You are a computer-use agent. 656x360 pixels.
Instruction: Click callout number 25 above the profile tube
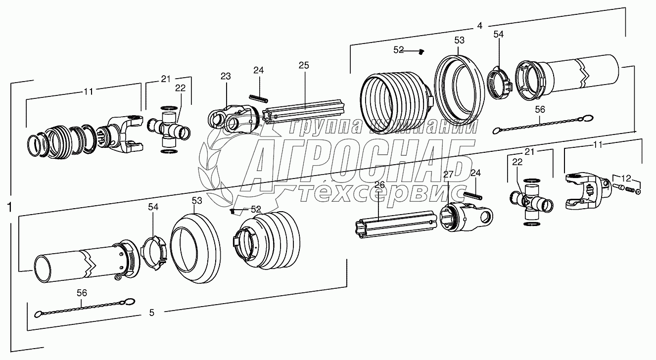point(304,65)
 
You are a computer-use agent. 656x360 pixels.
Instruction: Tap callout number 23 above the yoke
point(226,76)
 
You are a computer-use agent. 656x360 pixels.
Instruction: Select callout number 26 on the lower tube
point(379,185)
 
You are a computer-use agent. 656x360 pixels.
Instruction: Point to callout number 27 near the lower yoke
point(448,175)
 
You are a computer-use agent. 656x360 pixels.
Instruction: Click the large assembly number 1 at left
point(10,207)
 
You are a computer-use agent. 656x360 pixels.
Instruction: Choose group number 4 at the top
point(479,26)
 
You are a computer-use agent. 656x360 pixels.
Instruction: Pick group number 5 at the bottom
point(151,313)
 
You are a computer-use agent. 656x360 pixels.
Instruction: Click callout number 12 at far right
point(626,178)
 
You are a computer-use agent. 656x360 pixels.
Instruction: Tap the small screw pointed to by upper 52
point(422,52)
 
